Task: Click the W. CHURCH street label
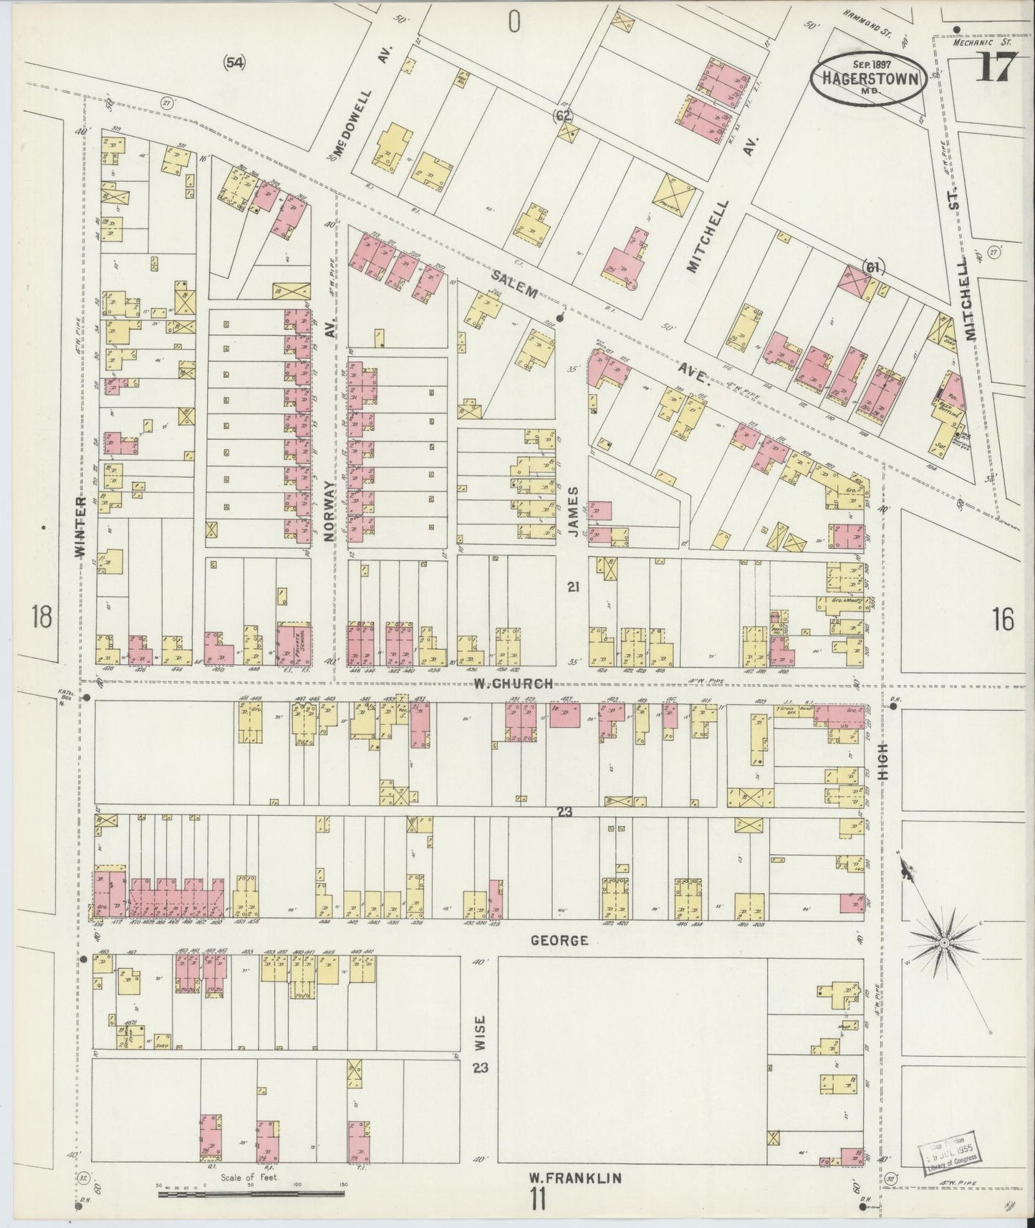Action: [x=513, y=683]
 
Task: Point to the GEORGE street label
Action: [x=559, y=940]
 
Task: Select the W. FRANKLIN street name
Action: [x=574, y=1177]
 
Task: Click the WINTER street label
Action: [x=80, y=529]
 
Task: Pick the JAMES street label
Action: [x=573, y=507]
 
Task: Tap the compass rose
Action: [x=944, y=941]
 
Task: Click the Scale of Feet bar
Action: [x=251, y=1194]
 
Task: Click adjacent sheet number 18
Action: [x=42, y=616]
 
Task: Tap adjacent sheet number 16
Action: [x=1003, y=619]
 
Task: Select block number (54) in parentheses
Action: [x=234, y=62]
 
